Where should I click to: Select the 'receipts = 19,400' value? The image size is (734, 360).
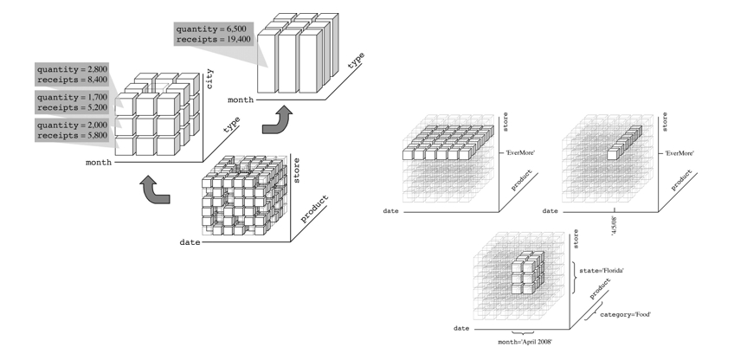(x=216, y=40)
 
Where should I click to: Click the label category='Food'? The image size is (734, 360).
(x=621, y=313)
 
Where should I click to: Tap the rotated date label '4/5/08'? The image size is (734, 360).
(x=615, y=226)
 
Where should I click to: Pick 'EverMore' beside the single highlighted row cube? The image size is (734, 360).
(x=680, y=154)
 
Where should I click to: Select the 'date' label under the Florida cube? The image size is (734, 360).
(x=461, y=329)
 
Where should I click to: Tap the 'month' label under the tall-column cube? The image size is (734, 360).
(x=240, y=100)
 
